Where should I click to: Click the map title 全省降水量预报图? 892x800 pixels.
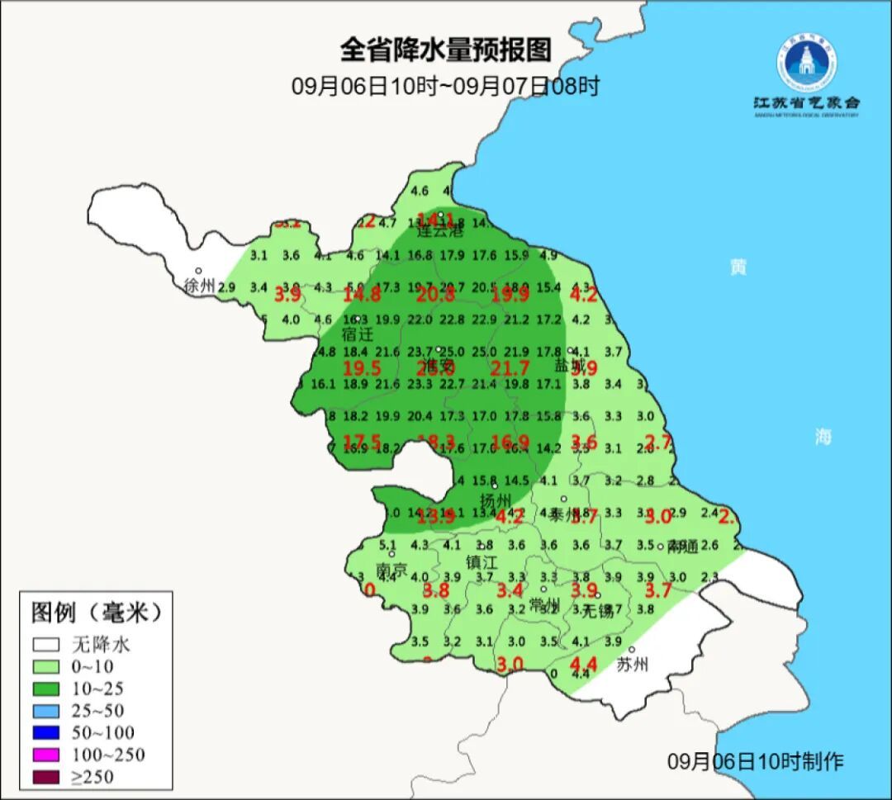point(445,50)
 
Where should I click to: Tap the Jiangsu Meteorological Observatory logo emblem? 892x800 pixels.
point(806,64)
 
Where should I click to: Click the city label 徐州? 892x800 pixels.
point(199,286)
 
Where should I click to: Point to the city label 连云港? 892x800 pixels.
point(440,231)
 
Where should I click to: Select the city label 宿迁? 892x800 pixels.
point(358,334)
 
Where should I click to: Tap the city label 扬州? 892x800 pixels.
point(496,501)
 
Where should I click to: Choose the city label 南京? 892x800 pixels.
point(391,570)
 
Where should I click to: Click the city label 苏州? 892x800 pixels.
point(633,665)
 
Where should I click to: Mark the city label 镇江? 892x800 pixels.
point(482,562)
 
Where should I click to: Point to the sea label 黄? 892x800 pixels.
point(738,267)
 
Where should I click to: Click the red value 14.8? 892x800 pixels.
point(362,295)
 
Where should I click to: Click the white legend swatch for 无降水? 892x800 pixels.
point(47,644)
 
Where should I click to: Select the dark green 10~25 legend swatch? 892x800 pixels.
point(47,688)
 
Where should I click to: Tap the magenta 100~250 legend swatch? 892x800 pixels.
point(47,754)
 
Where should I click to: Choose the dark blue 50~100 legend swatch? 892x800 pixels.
point(47,731)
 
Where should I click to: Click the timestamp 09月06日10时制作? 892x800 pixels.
point(755,761)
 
